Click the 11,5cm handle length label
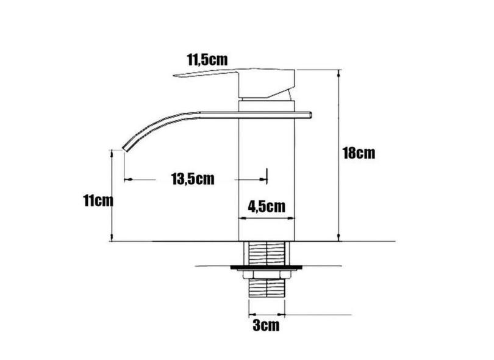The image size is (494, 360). pyautogui.click(x=207, y=60)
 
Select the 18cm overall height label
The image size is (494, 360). pyautogui.click(x=359, y=153)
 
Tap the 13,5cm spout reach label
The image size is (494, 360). pyautogui.click(x=193, y=179)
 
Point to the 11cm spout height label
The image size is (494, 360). pyautogui.click(x=98, y=201)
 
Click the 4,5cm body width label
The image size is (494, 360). pyautogui.click(x=267, y=206)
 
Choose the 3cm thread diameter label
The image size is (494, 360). pyautogui.click(x=265, y=325)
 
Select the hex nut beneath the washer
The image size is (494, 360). pyautogui.click(x=266, y=275)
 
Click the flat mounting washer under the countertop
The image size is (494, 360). pyautogui.click(x=266, y=267)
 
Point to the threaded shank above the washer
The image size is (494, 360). pyautogui.click(x=266, y=253)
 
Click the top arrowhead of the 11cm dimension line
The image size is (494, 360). pyautogui.click(x=112, y=153)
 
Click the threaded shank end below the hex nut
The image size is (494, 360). pyautogui.click(x=266, y=289)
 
